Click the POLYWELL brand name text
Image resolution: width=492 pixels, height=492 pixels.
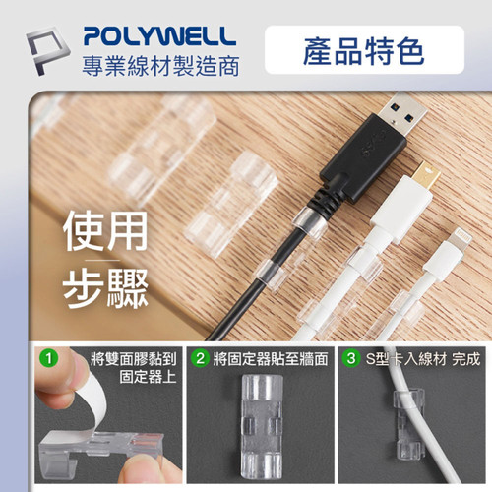[x=158, y=36]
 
